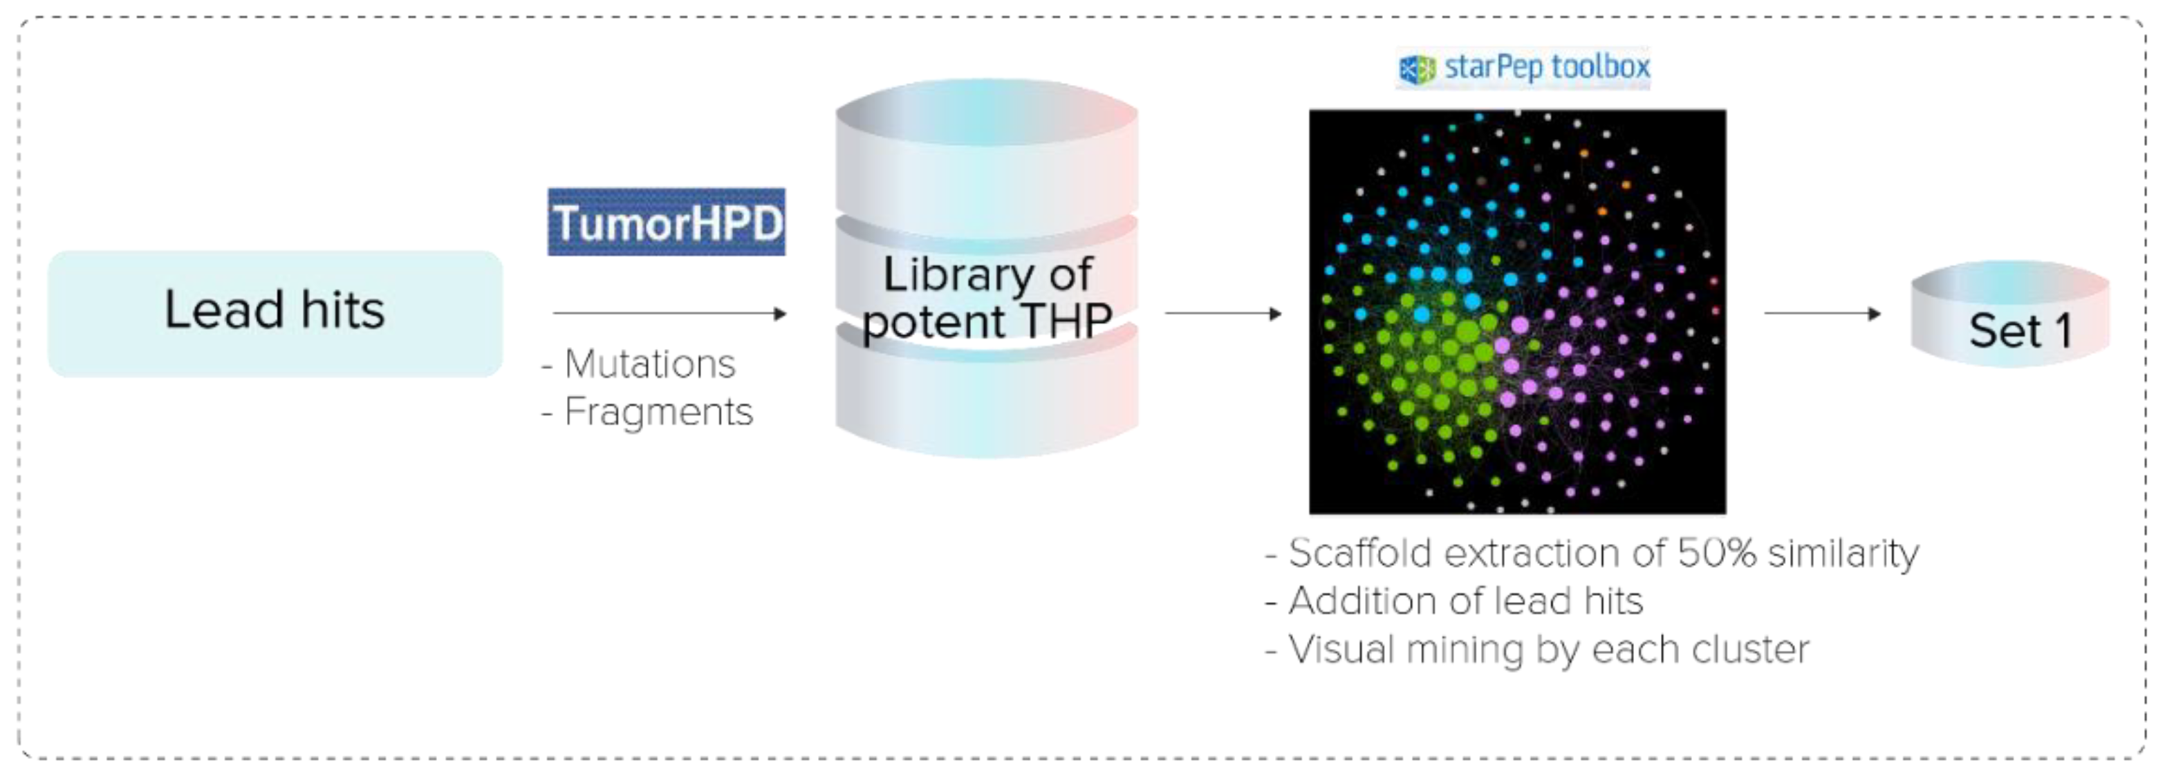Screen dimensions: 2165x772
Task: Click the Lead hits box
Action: pyautogui.click(x=275, y=312)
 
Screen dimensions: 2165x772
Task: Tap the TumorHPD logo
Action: pyautogui.click(x=666, y=222)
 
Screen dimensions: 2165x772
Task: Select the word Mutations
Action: pyautogui.click(x=650, y=364)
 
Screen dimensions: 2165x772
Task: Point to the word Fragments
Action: pyautogui.click(x=658, y=412)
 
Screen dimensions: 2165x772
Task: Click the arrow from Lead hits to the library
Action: pyautogui.click(x=668, y=313)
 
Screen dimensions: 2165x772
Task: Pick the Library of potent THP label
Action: pyautogui.click(x=987, y=297)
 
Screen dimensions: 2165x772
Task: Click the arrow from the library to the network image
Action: pyautogui.click(x=1223, y=313)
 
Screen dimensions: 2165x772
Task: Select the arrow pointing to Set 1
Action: pyautogui.click(x=1821, y=313)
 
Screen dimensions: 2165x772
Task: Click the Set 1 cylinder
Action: pyautogui.click(x=2009, y=315)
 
